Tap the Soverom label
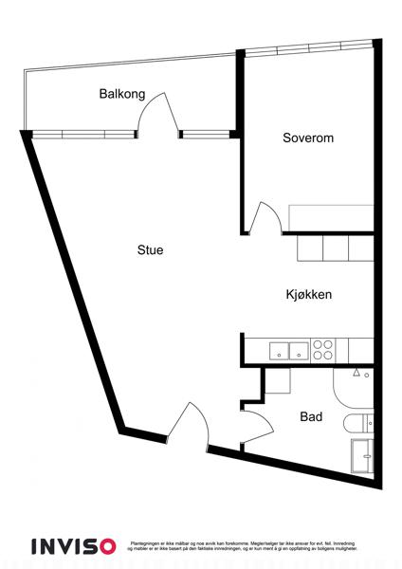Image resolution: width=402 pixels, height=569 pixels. point(308,138)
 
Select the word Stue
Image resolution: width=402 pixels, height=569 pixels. point(151,250)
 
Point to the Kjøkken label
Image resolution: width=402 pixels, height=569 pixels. point(308,295)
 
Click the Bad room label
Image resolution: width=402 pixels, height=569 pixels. point(310,416)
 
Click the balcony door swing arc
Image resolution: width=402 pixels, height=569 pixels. point(157,112)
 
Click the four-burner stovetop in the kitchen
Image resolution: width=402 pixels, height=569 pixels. point(323,350)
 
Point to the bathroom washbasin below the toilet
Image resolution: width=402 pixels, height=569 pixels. point(362,455)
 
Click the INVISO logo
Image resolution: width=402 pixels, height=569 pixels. point(73,545)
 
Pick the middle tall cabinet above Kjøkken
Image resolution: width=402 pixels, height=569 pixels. point(336,248)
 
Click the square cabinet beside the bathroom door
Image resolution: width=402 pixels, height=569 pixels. point(276,381)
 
